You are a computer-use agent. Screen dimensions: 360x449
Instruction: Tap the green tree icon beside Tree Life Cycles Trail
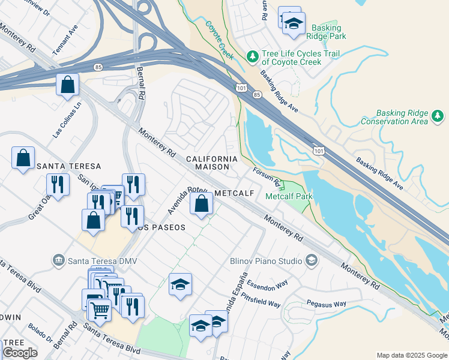click(253, 57)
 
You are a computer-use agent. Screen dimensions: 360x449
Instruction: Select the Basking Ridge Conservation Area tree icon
click(438, 117)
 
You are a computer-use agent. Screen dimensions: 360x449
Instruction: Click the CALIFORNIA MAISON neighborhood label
click(211, 163)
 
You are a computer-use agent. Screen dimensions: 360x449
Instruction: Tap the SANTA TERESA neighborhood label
click(68, 166)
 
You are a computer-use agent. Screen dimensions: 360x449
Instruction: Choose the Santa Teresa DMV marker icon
click(58, 260)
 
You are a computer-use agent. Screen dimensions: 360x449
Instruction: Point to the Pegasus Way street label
click(326, 304)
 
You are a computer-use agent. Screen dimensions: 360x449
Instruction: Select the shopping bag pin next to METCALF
click(201, 204)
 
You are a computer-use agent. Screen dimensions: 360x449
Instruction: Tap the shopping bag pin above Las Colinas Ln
click(68, 85)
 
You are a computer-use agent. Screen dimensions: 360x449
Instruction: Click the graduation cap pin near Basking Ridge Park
click(293, 24)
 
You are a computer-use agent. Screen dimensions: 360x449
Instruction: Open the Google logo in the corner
click(20, 353)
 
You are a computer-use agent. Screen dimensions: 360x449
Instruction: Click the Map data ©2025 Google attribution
click(411, 355)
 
